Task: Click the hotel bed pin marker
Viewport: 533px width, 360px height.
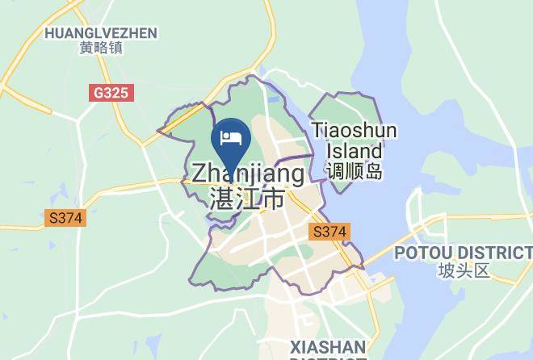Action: click(x=231, y=142)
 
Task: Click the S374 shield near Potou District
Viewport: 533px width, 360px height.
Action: click(x=329, y=232)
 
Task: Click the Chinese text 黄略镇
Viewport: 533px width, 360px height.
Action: click(x=101, y=48)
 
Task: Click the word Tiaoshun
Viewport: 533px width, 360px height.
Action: click(x=354, y=131)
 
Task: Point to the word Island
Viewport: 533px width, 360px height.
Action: click(x=354, y=151)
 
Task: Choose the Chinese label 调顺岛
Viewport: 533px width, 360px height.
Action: click(x=354, y=171)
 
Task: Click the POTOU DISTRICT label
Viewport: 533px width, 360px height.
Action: click(x=463, y=253)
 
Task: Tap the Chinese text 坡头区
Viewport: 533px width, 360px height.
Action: click(x=464, y=271)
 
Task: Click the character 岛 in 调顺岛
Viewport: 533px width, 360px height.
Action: click(x=372, y=171)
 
